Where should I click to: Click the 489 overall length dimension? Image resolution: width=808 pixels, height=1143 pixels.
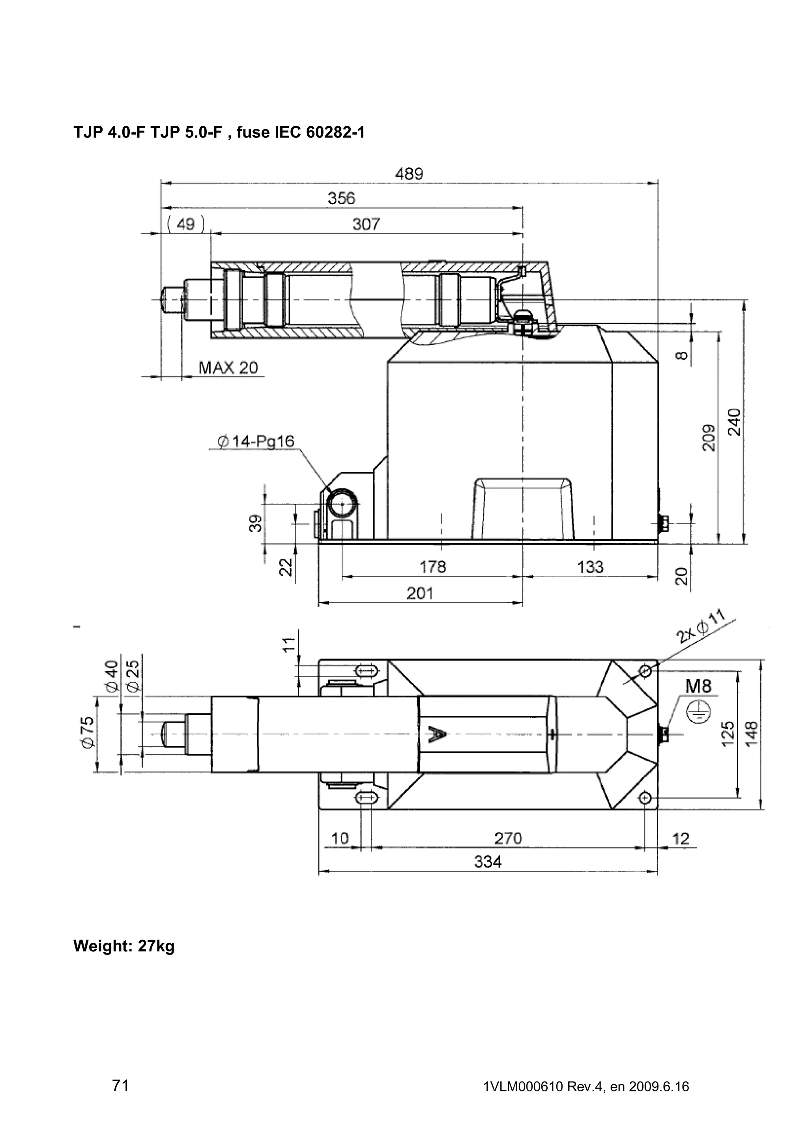(409, 174)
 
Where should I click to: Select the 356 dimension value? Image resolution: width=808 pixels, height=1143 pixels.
(342, 199)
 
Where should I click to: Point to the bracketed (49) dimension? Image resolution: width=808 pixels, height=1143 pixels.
(186, 224)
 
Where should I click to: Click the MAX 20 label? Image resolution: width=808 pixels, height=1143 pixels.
(228, 368)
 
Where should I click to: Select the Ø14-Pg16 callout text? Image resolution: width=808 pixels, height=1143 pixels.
(256, 441)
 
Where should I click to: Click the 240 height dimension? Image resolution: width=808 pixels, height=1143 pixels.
(734, 422)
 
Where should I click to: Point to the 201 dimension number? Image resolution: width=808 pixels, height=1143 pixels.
(420, 594)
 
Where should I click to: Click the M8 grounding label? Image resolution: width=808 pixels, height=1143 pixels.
(698, 687)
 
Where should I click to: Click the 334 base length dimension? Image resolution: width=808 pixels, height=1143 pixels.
(488, 861)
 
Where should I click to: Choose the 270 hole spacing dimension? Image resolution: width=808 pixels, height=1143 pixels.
(508, 839)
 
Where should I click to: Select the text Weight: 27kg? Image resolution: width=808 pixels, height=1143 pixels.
(124, 946)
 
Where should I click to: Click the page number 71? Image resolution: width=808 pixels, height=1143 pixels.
(120, 1085)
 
